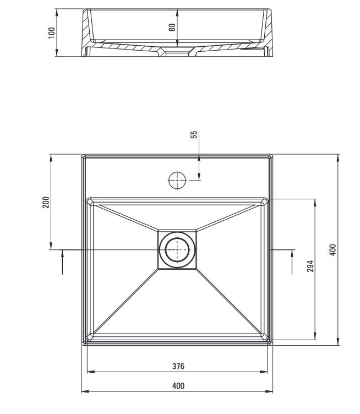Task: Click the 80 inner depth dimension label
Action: coord(172,26)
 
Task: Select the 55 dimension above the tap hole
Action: coord(194,135)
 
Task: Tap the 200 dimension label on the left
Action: coord(46,202)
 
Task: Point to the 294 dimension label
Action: coord(310,266)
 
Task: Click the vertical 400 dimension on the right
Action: coord(332,249)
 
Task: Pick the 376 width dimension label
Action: coord(178,366)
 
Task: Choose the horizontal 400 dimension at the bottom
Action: coord(178,386)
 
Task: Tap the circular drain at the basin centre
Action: coord(177,249)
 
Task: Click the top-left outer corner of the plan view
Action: coord(83,155)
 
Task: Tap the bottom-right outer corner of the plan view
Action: coord(272,344)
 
